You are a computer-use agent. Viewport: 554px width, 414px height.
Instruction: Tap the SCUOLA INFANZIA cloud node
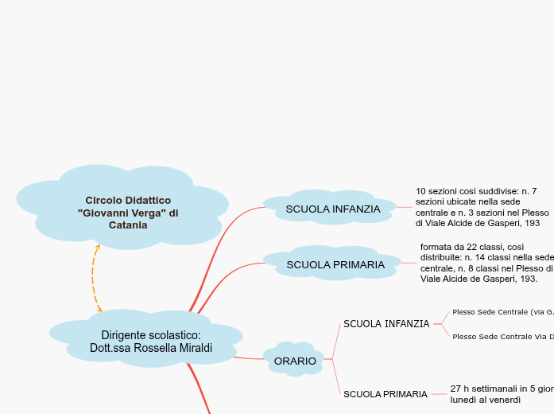pyautogui.click(x=332, y=209)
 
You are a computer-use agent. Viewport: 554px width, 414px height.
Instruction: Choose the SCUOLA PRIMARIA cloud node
pyautogui.click(x=335, y=264)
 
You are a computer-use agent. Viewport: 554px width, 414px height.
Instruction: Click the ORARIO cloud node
pyautogui.click(x=295, y=361)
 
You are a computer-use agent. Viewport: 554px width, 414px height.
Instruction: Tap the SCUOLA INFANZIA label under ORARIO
pyautogui.click(x=386, y=324)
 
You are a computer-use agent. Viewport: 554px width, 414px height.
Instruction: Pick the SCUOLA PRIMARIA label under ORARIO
pyautogui.click(x=385, y=394)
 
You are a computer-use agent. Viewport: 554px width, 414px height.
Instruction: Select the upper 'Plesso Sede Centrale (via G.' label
pyautogui.click(x=502, y=312)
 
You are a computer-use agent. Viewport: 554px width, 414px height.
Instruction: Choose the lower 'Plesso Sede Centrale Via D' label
pyautogui.click(x=502, y=337)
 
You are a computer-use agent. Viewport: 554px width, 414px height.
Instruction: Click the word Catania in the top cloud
pyautogui.click(x=128, y=225)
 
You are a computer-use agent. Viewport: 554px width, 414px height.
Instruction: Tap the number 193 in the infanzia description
pyautogui.click(x=532, y=224)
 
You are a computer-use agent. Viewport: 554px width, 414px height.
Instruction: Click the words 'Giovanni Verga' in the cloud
pyautogui.click(x=115, y=213)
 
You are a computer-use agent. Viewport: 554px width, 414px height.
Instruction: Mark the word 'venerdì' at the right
pyautogui.click(x=503, y=400)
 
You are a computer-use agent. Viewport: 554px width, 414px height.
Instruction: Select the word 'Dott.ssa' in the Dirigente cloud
pyautogui.click(x=110, y=349)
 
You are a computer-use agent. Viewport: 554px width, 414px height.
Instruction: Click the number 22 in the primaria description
pyautogui.click(x=474, y=247)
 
